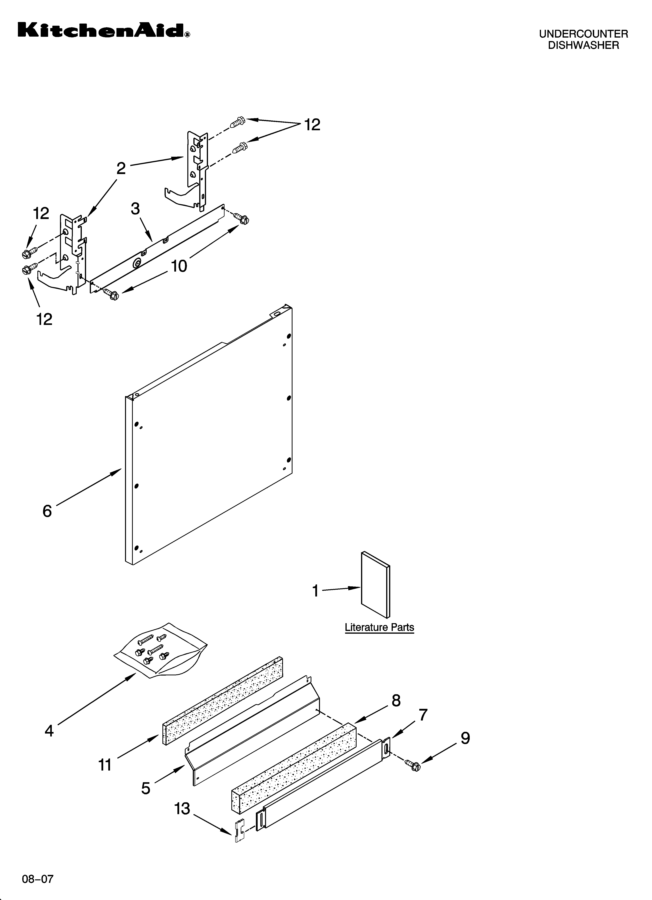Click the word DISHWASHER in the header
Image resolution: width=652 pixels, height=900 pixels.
point(583,46)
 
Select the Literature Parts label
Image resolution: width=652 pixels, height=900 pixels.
point(379,627)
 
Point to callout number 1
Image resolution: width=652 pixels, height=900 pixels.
point(315,591)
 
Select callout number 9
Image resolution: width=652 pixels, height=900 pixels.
point(465,738)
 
